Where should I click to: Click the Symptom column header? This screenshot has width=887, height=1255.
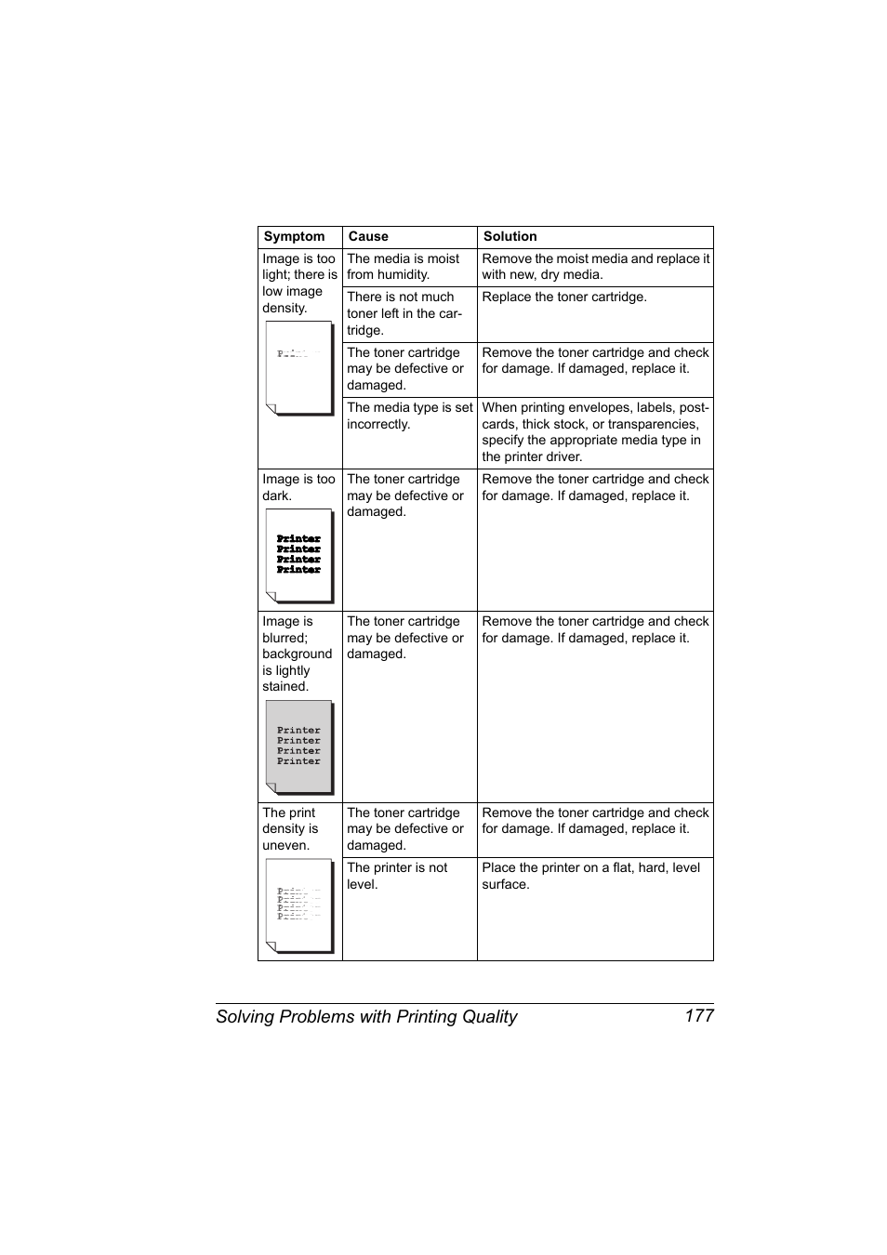(294, 237)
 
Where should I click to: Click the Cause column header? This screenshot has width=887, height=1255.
(368, 237)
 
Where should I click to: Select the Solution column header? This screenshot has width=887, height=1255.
(510, 237)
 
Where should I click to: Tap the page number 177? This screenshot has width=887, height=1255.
(698, 1016)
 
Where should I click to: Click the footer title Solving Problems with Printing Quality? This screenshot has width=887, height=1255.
(366, 1017)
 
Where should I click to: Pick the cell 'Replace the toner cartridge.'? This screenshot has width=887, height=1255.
(563, 297)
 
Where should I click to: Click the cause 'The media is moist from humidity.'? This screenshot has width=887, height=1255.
(404, 267)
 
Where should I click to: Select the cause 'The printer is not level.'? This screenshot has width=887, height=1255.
(397, 876)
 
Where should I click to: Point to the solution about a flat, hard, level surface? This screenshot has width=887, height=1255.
(590, 876)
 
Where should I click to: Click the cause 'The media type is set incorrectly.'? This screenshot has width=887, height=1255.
(409, 416)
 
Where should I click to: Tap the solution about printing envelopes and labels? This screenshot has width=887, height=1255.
(595, 432)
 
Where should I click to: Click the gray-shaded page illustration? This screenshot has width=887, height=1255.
(298, 746)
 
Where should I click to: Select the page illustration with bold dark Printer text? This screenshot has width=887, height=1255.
(298, 555)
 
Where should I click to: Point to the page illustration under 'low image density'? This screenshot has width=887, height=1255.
(298, 367)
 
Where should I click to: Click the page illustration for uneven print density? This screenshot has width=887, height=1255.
(298, 905)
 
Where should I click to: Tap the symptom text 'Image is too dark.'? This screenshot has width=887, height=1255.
(298, 487)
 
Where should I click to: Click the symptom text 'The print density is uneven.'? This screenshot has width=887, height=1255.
(290, 829)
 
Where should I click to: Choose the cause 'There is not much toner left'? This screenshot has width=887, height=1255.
(404, 313)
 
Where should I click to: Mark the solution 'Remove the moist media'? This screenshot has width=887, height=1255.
(595, 267)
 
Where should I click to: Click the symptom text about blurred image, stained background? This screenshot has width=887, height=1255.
(297, 654)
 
